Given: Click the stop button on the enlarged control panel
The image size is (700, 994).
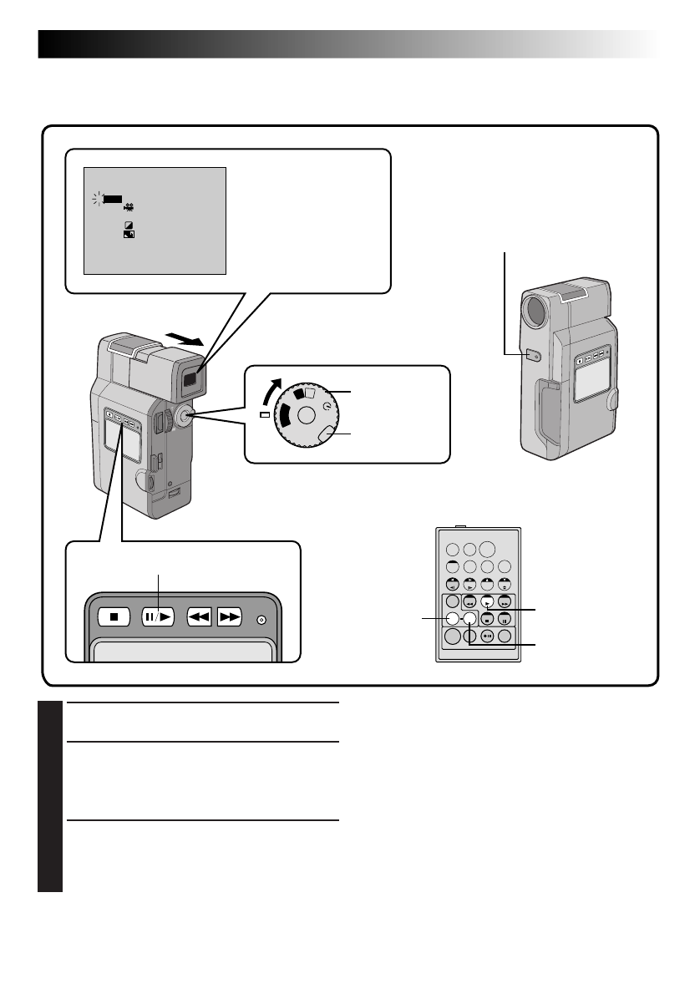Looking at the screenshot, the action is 113,619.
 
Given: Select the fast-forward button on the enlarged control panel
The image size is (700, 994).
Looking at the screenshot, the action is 230,619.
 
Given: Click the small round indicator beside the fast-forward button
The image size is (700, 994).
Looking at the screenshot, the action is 261,619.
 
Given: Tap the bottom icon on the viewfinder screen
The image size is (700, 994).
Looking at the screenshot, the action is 129,236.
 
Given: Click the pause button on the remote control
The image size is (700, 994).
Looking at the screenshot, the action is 505,619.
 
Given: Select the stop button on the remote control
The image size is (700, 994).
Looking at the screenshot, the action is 487,619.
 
